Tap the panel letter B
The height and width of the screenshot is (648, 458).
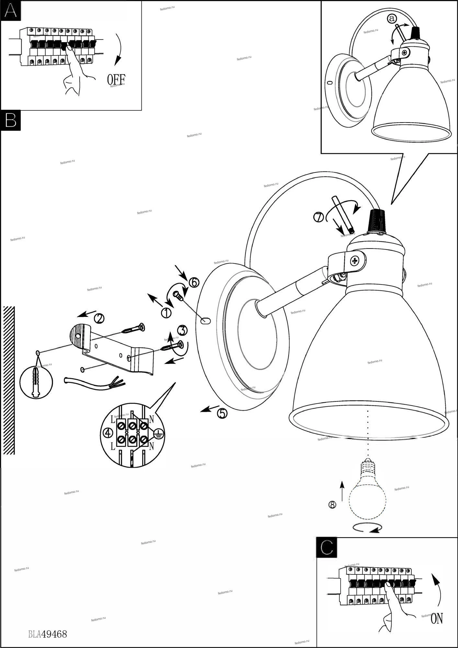pos(11,120)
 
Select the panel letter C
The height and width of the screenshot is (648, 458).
pos(326,547)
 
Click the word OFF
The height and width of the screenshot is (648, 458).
pos(116,79)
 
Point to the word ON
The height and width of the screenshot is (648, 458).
pos(437,619)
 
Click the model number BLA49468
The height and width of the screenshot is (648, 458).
pos(48,634)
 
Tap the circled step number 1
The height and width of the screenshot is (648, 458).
pos(166,313)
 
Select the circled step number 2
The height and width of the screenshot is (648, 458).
pos(99,318)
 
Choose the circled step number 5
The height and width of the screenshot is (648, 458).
pos(222,413)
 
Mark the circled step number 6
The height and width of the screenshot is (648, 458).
pos(194,283)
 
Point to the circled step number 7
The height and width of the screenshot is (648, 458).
pos(319,217)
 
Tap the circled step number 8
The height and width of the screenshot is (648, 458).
pos(332,504)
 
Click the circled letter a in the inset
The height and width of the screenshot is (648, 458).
pos(392,19)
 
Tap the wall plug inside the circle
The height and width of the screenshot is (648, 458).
pos(36,381)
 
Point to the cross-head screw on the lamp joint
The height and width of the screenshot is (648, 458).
pos(355,260)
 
